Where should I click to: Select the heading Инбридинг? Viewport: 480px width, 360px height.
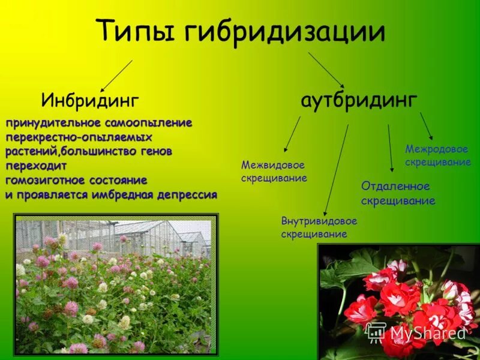pyautogui.click(x=90, y=100)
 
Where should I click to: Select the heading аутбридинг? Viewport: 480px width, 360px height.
pyautogui.click(x=359, y=100)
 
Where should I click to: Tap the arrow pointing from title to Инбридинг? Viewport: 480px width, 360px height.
pyautogui.click(x=115, y=75)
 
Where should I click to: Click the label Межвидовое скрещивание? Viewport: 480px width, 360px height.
pyautogui.click(x=274, y=171)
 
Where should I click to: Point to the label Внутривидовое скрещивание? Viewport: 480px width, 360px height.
pyautogui.click(x=319, y=227)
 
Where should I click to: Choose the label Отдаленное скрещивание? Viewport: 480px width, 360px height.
pyautogui.click(x=398, y=193)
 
